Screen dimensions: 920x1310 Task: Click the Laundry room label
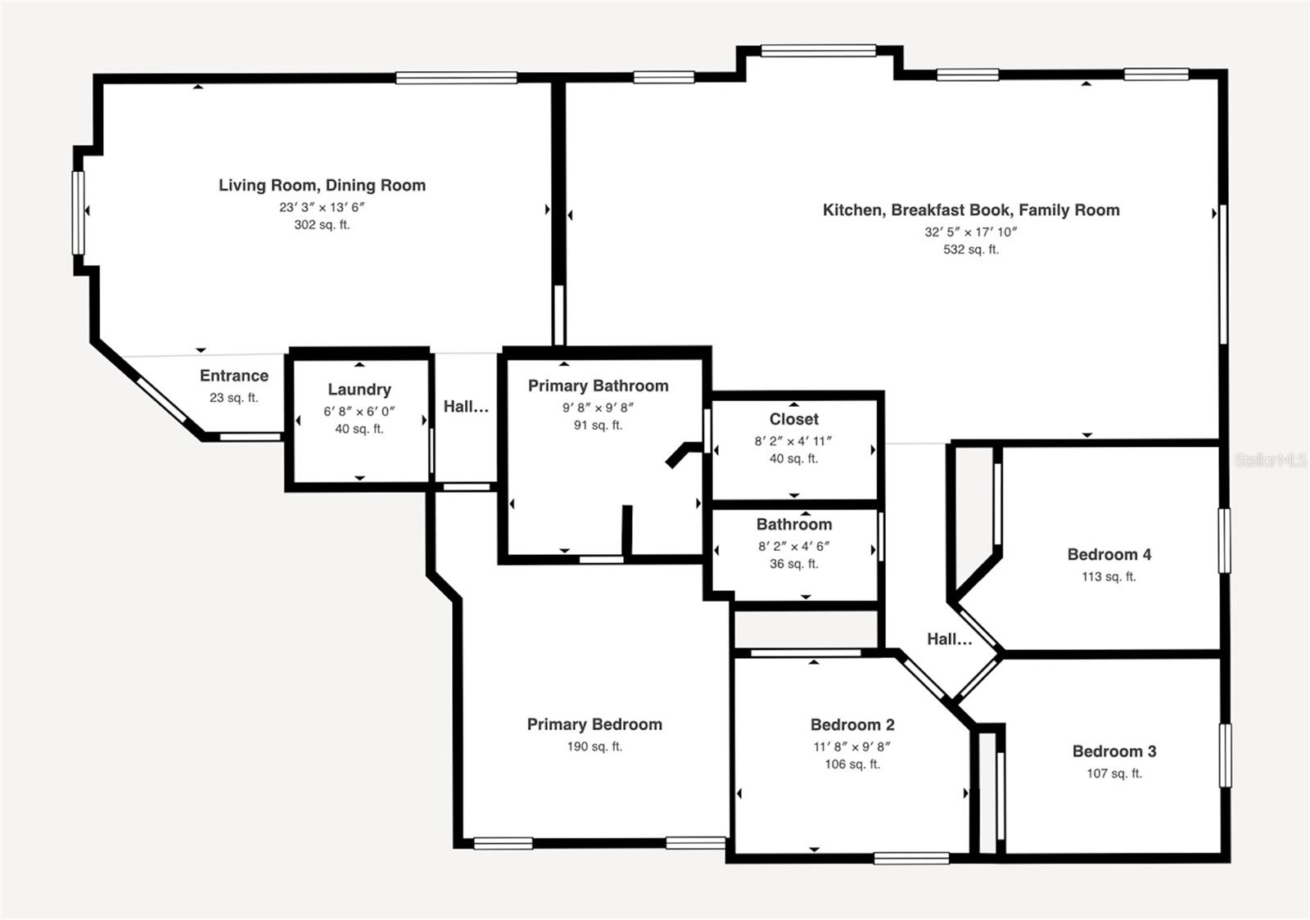359,390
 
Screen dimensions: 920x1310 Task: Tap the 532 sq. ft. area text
971,250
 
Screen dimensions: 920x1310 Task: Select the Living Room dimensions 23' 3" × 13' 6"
322,207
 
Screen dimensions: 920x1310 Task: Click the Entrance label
234,376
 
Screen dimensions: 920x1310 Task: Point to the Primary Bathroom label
598,386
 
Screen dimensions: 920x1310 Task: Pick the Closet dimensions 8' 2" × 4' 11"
793,441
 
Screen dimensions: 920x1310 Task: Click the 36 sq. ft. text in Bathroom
793,564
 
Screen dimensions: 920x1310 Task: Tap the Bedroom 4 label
1109,555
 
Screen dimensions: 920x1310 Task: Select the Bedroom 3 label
1113,751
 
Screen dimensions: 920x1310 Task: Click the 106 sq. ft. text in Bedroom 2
851,764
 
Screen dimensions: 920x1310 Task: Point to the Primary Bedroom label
594,724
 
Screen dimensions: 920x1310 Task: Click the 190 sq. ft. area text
594,746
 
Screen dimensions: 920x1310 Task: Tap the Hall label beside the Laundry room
466,407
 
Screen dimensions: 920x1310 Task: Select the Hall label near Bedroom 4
949,639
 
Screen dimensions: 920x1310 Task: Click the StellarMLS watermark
1269,461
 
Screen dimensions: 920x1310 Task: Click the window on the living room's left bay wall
79,212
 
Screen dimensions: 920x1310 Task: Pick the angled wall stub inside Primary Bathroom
681,454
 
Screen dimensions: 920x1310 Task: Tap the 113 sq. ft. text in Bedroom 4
1109,577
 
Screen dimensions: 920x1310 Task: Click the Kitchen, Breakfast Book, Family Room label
971,210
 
